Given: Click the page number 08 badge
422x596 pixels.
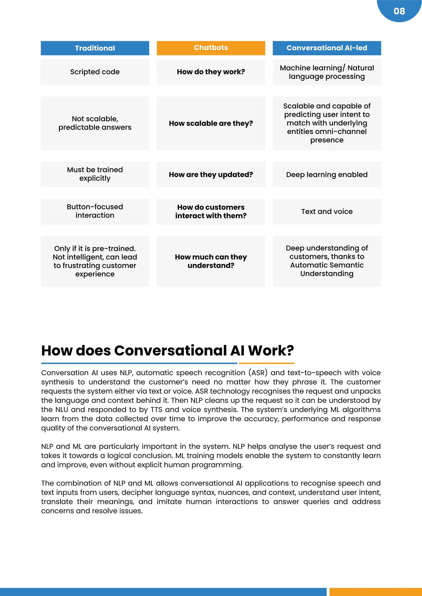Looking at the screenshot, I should pos(399,11).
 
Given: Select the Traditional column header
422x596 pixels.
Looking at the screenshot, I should pos(95,48).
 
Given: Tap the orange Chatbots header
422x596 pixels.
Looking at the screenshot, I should pos(211,48).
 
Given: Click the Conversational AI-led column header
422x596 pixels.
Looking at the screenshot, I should pos(327,48).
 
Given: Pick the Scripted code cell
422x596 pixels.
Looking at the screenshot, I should pos(95,72).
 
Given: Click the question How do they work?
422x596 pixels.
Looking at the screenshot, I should pos(211,72).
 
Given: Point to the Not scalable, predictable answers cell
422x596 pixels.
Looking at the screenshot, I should pos(95,123).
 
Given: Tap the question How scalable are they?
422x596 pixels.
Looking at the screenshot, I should pos(211,123).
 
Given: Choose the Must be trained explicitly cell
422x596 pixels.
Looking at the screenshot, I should pos(95,174).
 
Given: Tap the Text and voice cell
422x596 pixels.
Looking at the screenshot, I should pos(327,212).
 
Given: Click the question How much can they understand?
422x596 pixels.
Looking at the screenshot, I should pos(211,261).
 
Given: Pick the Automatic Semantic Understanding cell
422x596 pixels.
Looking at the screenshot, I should pos(327,261).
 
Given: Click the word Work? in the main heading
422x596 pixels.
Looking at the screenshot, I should pos(271,351).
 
